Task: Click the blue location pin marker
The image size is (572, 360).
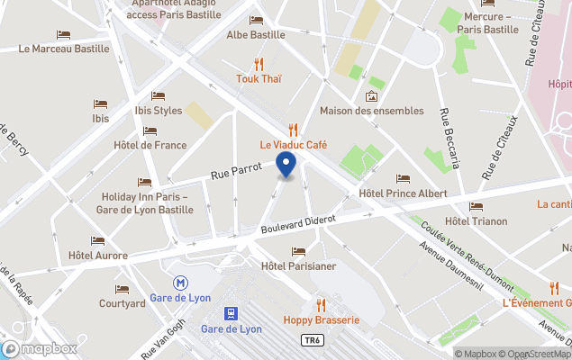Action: pyautogui.click(x=286, y=166)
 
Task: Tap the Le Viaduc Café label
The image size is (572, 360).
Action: pyautogui.click(x=294, y=145)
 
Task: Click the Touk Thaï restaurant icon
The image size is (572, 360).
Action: pyautogui.click(x=259, y=64)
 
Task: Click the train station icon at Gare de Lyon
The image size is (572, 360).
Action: pyautogui.click(x=232, y=312)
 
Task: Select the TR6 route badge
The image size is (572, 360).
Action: pyautogui.click(x=310, y=340)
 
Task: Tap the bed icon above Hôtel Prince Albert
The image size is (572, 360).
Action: pyautogui.click(x=403, y=178)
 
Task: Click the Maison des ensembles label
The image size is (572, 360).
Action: pyautogui.click(x=371, y=111)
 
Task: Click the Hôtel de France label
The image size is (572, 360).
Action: pyautogui.click(x=150, y=145)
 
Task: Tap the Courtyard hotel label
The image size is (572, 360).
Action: pyautogui.click(x=123, y=303)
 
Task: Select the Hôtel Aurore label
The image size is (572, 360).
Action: pyautogui.click(x=98, y=256)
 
